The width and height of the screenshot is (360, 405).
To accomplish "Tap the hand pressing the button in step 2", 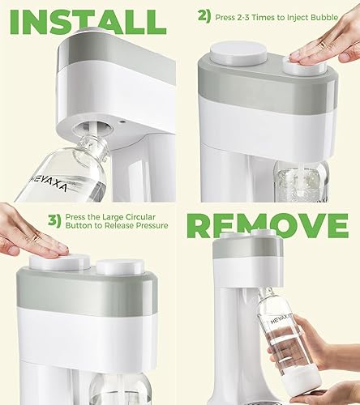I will (x=328, y=45).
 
